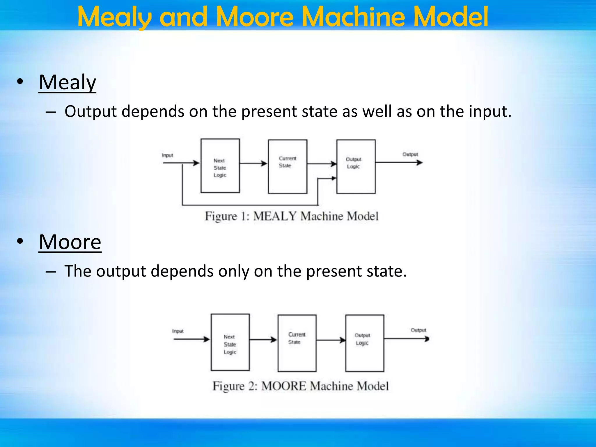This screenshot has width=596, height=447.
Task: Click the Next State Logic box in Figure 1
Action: point(220,166)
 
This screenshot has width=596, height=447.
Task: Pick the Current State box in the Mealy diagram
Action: point(288,166)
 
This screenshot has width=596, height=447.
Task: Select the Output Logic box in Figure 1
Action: point(356,166)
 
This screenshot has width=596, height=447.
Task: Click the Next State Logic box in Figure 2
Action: point(230,342)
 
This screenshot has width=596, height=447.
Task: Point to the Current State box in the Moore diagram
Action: point(297,343)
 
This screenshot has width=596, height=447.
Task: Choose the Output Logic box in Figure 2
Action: point(364,343)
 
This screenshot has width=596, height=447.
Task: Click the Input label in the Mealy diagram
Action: point(167,155)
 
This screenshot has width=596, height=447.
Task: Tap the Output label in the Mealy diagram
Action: point(410,154)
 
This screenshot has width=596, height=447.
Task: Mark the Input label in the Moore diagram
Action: point(178,331)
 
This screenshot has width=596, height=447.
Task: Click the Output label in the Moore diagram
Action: point(418,330)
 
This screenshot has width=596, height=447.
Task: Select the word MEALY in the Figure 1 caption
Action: point(275,216)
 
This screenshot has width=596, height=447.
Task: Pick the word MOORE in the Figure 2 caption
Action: point(283,386)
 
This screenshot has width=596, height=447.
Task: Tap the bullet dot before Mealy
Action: point(20,82)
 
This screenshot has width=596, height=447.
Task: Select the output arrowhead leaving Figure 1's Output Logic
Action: point(419,163)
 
